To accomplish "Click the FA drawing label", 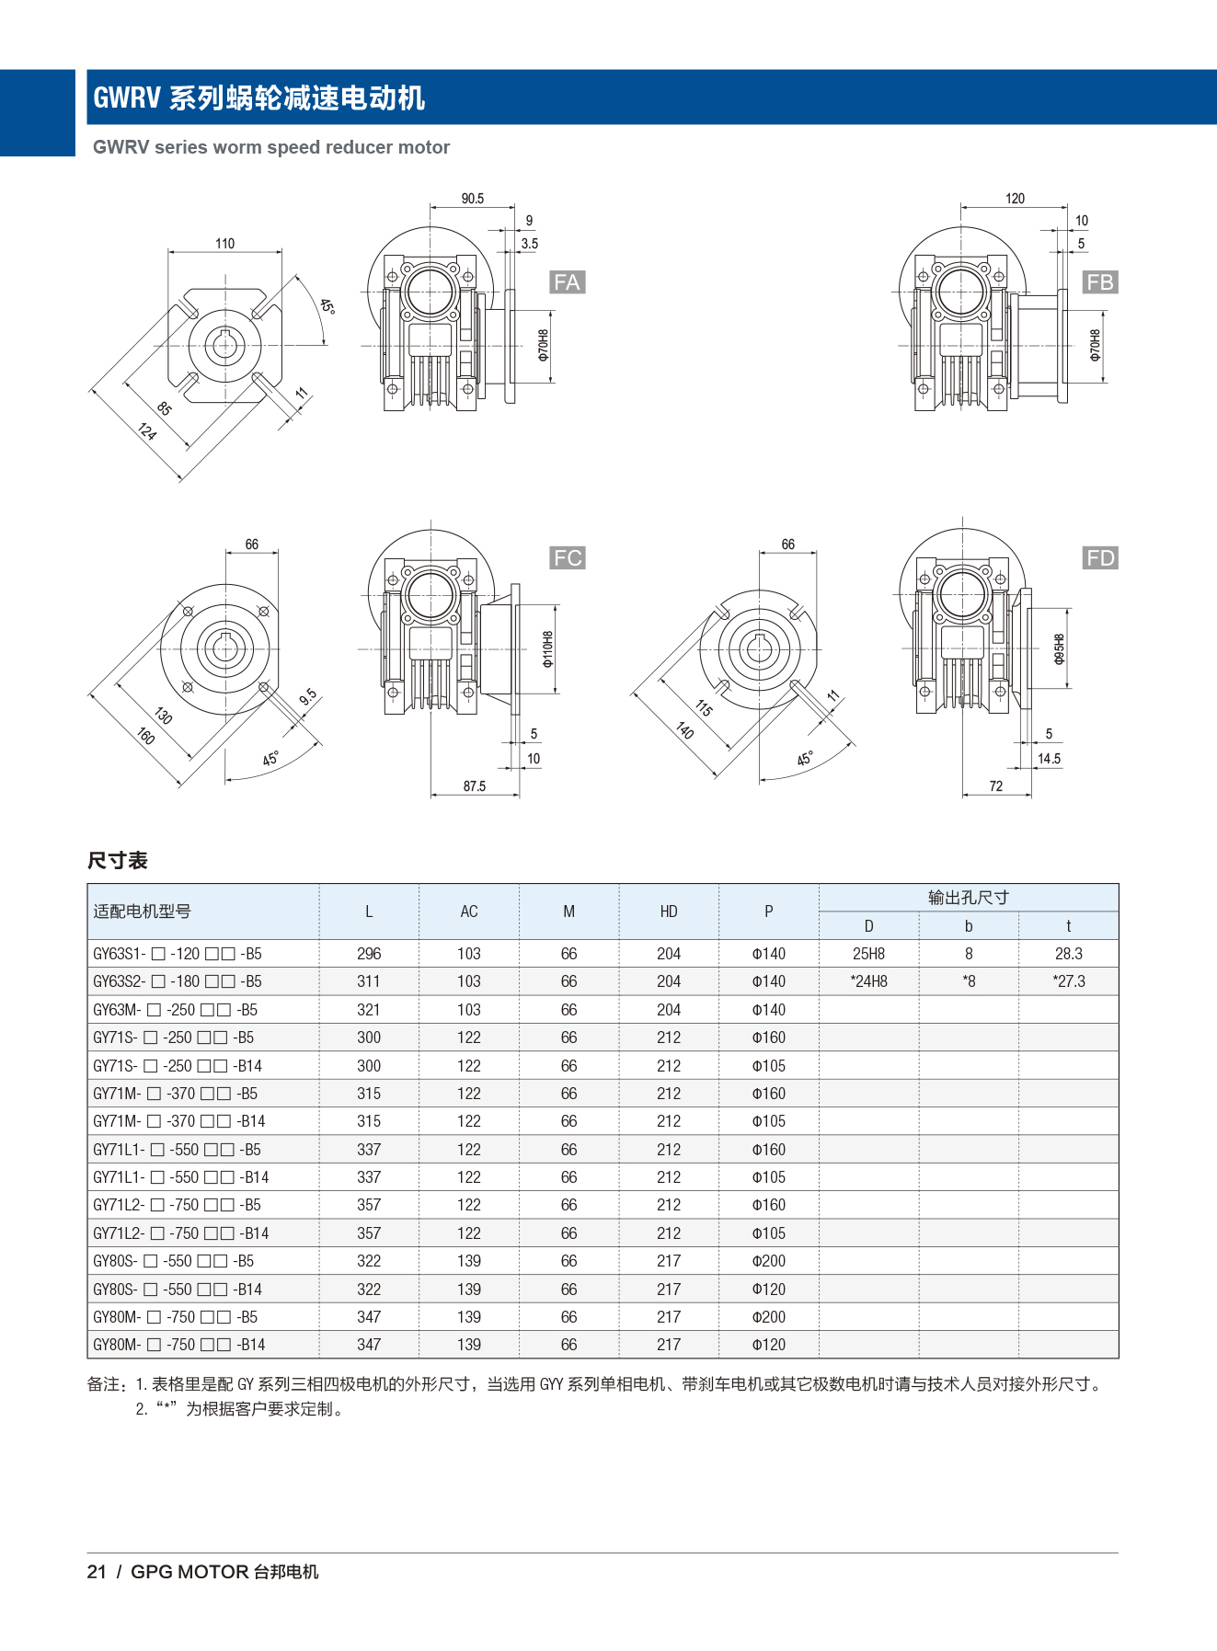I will pos(567,282).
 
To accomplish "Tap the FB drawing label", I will pos(1099,282).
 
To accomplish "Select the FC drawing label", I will pos(568,558).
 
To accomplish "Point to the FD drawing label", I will pos(1100,558).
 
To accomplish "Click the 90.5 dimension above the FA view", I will pos(472,199).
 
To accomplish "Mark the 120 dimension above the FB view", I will pos(1015,199).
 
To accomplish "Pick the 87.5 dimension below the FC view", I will pos(474,786).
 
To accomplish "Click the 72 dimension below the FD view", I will pos(996,786).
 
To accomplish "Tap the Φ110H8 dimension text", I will pos(548,648).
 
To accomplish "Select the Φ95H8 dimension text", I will pos(1059,648).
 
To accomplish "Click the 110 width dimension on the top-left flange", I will pos(224,244).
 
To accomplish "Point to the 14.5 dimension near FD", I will pos(1049,759).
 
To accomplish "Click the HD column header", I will pos(669,911).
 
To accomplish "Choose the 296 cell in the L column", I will pos(369,954).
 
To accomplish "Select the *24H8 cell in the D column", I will pos(868,981).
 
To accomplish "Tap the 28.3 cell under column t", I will pos(1068,954).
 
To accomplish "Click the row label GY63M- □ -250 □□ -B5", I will pos(175,1010).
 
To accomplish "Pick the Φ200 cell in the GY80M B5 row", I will pos(768,1317).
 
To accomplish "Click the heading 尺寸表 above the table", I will pos(118,861).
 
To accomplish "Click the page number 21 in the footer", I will pos(97,1572).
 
